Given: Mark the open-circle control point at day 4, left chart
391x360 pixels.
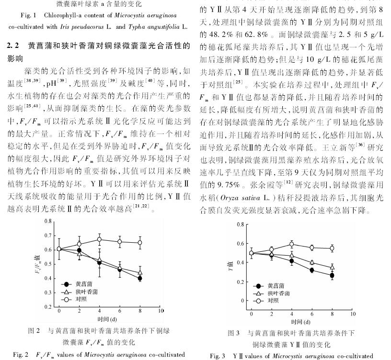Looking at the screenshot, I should point(99,239).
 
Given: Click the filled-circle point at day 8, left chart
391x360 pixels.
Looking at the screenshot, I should point(139,278).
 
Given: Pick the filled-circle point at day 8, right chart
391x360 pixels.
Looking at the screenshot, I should point(332,275).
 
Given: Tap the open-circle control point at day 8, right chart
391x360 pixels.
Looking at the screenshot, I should point(332,248).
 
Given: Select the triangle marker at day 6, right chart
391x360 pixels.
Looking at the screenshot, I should point(311,262).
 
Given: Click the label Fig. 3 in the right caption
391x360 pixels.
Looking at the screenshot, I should point(219,356).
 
